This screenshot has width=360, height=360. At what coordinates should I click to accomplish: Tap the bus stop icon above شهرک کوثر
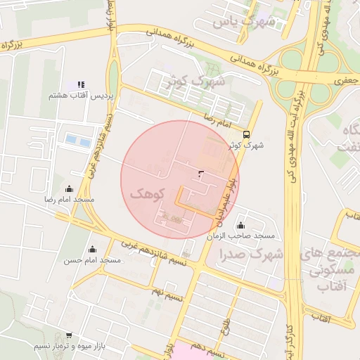pos(245,134)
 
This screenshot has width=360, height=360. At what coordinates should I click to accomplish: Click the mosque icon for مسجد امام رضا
pos(69,188)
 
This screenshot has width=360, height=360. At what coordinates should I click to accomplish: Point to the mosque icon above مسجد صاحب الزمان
pos(240,225)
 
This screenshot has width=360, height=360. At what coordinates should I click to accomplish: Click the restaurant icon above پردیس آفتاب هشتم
pos(81,84)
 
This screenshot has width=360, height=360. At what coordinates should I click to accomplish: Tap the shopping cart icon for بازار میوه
pos(68,336)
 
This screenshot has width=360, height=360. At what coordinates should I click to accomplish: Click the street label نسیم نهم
pos(168,290)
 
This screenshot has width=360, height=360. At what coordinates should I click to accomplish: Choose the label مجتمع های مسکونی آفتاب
pos(328,269)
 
